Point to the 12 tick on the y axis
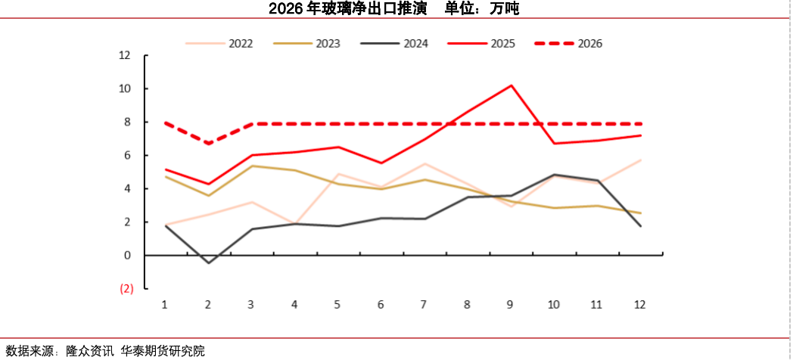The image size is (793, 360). pyautogui.click(x=125, y=55)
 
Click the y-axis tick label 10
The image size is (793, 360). pyautogui.click(x=125, y=88)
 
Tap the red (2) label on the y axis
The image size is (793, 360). pyautogui.click(x=126, y=288)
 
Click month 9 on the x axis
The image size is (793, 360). pyautogui.click(x=510, y=304)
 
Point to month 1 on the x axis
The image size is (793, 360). pyautogui.click(x=164, y=304)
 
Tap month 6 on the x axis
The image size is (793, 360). pyautogui.click(x=381, y=304)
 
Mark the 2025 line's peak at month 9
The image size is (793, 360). pyautogui.click(x=511, y=85)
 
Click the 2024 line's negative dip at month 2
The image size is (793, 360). pyautogui.click(x=208, y=262)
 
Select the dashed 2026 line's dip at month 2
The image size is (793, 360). pyautogui.click(x=208, y=143)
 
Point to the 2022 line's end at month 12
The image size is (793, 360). pyautogui.click(x=641, y=160)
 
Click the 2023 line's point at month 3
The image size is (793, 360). pyautogui.click(x=251, y=166)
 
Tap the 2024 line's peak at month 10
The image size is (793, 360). pyautogui.click(x=554, y=175)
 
